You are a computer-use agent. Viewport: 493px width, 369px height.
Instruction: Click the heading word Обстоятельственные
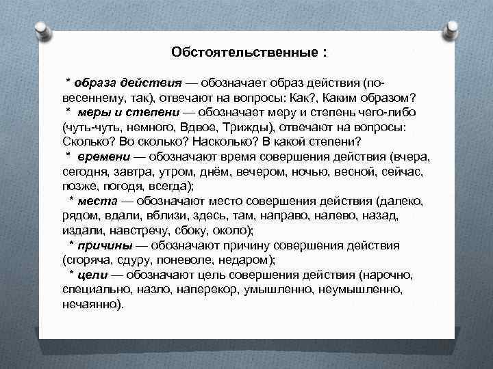[244, 53]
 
